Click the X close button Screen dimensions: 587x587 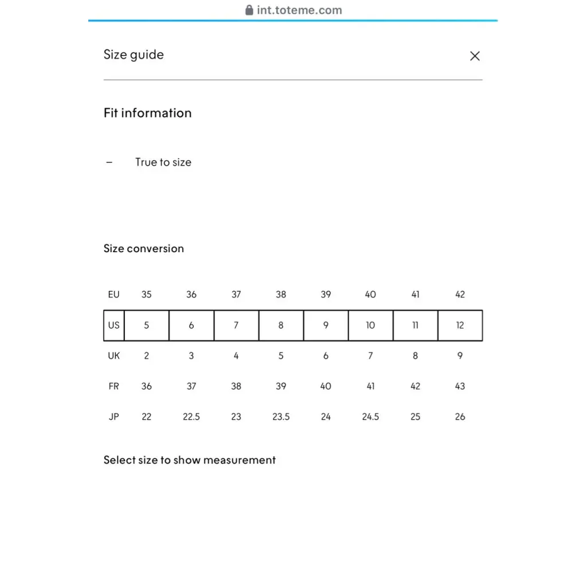(475, 56)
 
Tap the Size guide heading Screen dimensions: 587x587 (134, 55)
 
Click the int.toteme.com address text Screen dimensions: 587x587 (299, 10)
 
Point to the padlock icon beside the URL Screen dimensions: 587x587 (249, 10)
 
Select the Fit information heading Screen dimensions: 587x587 (147, 113)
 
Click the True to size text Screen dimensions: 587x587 (163, 162)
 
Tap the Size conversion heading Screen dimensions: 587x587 (144, 249)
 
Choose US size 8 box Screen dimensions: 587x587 (281, 325)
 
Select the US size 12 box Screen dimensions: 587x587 (460, 325)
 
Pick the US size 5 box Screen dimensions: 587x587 (147, 325)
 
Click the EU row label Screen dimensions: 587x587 (114, 295)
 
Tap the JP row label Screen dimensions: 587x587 (114, 417)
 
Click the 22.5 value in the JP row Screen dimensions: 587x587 (191, 417)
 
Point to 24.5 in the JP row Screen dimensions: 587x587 (370, 417)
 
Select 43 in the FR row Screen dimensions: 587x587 (460, 386)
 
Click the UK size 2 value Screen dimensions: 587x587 (147, 356)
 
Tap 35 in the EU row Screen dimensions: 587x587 (147, 295)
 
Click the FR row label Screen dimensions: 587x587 (114, 386)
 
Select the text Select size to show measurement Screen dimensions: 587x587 (190, 460)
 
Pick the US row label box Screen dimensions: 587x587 (114, 325)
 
